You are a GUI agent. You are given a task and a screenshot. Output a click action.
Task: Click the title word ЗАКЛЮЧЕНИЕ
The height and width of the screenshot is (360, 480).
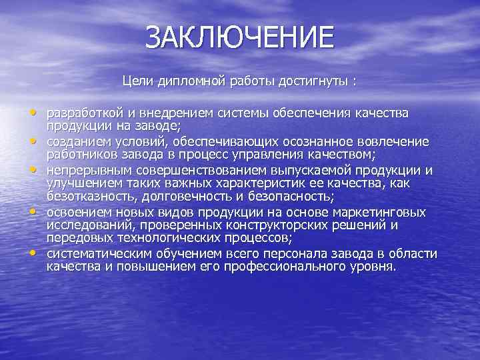(239, 37)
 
